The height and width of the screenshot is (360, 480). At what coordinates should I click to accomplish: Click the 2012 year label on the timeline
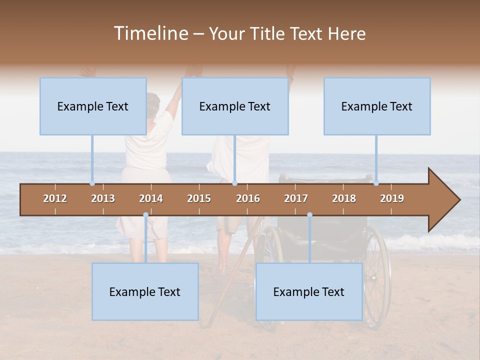[x=55, y=198]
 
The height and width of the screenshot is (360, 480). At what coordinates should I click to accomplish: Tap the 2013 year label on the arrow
[x=103, y=198]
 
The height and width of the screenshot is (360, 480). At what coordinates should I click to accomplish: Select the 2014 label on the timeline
[x=151, y=198]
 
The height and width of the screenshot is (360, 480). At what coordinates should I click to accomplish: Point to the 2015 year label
[x=199, y=198]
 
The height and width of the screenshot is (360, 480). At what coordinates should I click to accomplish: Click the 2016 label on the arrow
[x=248, y=198]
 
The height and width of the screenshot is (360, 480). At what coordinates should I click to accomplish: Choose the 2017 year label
[x=296, y=198]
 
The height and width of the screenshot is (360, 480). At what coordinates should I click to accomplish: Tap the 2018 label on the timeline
[x=344, y=198]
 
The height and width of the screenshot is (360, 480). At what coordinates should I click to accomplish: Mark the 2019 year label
[x=392, y=198]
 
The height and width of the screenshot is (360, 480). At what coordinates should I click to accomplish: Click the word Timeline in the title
[x=150, y=33]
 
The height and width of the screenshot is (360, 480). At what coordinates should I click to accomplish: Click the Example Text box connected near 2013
[x=93, y=106]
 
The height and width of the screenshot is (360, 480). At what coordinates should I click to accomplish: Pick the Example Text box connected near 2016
[x=235, y=106]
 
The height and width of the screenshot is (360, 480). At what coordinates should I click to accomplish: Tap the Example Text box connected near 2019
[x=377, y=106]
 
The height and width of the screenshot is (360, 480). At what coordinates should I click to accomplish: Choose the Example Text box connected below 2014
[x=145, y=291]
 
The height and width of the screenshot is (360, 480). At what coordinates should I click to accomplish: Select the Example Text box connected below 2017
[x=309, y=291]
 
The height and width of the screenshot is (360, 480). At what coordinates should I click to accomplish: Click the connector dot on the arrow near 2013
[x=92, y=183]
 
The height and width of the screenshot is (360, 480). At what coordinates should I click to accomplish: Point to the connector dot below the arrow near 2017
[x=309, y=215]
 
